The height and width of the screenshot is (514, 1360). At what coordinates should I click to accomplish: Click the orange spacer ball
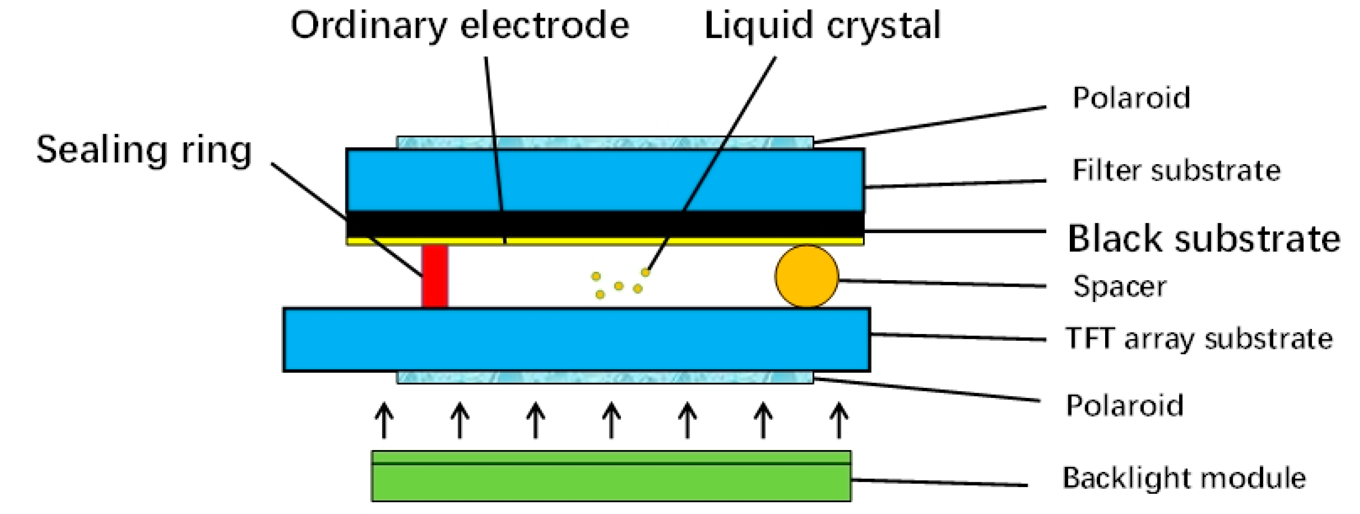806,276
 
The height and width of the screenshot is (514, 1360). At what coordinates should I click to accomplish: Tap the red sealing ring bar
434,276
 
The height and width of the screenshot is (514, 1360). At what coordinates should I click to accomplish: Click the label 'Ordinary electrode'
460,25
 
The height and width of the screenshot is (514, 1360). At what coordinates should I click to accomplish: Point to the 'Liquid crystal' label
822,25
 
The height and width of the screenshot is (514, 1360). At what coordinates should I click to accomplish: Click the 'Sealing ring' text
144,150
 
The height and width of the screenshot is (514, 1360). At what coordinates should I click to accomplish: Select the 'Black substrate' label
1204,238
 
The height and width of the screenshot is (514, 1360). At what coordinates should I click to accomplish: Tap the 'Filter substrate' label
1176,171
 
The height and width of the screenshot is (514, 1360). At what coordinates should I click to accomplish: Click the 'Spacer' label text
1120,287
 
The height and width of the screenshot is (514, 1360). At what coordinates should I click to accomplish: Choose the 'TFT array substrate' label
1199,338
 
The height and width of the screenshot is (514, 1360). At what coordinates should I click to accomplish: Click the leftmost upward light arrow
384,420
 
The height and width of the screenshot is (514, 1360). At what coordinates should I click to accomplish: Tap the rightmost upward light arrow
839,420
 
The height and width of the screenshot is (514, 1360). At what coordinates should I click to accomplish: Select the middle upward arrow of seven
611,420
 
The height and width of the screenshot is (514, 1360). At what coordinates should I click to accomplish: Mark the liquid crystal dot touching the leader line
645,273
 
